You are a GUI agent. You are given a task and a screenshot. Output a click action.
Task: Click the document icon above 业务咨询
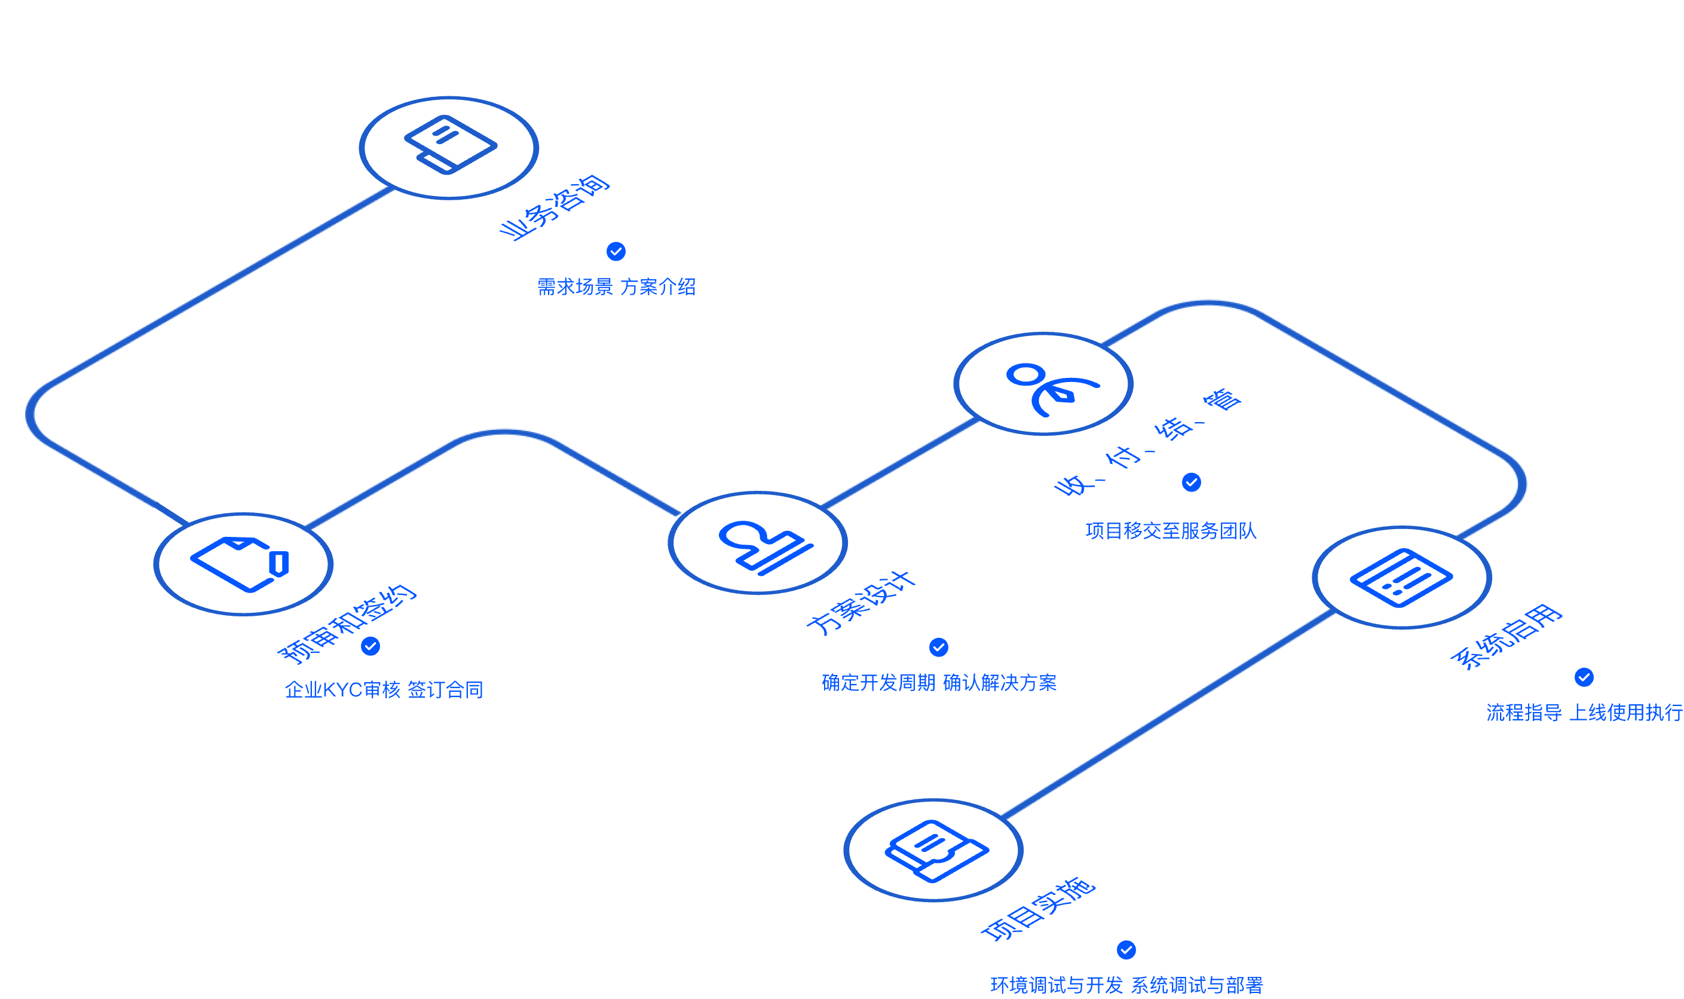[x=450, y=145]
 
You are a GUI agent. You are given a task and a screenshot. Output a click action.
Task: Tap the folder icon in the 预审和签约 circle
[x=240, y=564]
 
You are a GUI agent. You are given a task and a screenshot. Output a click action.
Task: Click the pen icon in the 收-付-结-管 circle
[x=1052, y=389]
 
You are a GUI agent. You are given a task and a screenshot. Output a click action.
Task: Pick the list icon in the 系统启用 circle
[x=1401, y=578]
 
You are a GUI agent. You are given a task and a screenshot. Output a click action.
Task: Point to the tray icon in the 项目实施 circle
[x=936, y=851]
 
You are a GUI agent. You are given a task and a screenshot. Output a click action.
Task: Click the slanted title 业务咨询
[x=555, y=207]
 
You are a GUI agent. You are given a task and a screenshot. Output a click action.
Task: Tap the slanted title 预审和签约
[x=347, y=624]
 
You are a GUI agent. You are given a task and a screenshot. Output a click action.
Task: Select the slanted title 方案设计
[x=861, y=603]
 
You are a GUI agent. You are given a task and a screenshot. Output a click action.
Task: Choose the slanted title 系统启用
[x=1507, y=637]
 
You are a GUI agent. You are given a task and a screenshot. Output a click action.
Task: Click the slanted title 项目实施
[x=1038, y=909]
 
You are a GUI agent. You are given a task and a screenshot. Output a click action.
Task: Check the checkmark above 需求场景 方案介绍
[x=616, y=251]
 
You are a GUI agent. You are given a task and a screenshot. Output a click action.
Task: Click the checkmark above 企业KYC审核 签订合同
[x=371, y=646]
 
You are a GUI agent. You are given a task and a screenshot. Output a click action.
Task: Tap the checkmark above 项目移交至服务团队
[x=1192, y=482]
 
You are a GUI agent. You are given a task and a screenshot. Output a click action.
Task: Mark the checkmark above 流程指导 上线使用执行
[x=1584, y=677]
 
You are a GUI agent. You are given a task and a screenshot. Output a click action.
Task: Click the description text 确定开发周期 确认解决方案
[x=939, y=683]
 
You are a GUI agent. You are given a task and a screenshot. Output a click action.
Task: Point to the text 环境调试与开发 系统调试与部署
[x=1127, y=985]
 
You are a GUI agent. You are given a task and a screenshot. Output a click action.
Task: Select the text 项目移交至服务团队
[x=1171, y=530]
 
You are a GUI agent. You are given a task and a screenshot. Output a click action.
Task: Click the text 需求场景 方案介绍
[x=616, y=287]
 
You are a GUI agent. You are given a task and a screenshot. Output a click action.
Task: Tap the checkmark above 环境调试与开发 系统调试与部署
[x=1126, y=950]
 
